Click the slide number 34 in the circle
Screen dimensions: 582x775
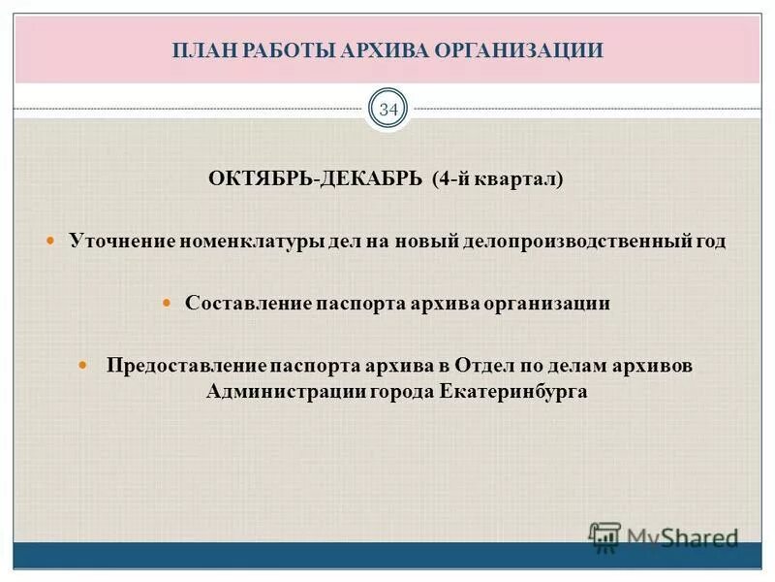pyautogui.click(x=387, y=110)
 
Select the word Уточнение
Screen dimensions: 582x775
pyautogui.click(x=120, y=242)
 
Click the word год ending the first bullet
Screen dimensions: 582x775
pyautogui.click(x=710, y=242)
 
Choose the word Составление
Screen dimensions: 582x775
pyautogui.click(x=247, y=304)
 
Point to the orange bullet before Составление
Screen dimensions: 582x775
pyautogui.click(x=165, y=303)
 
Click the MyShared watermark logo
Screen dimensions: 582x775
pyautogui.click(x=665, y=536)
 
